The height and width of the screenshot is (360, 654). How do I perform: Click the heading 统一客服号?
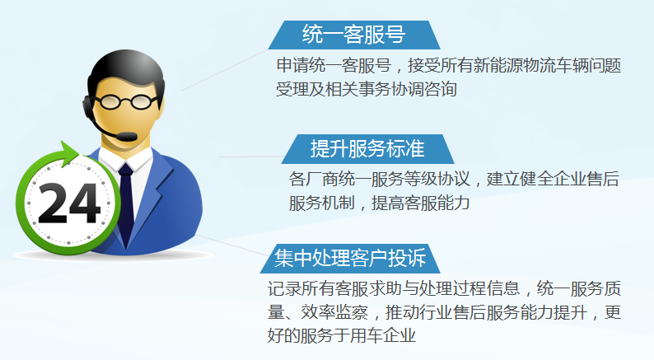click(x=353, y=35)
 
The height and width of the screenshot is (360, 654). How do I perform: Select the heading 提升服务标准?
click(x=367, y=149)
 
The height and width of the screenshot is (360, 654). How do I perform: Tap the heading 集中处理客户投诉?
click(x=350, y=258)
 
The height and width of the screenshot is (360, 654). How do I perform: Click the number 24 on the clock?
click(x=69, y=203)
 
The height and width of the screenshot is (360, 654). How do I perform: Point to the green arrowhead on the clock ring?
click(x=69, y=153)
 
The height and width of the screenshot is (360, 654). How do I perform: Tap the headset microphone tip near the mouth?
click(x=125, y=136)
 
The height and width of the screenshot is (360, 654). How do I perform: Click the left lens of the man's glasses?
click(x=110, y=102)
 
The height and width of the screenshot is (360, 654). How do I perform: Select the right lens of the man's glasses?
click(x=141, y=102)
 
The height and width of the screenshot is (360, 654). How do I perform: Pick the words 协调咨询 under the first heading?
click(x=423, y=89)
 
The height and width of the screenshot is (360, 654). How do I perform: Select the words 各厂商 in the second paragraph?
click(x=313, y=180)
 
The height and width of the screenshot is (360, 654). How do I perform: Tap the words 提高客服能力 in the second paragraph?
click(x=421, y=203)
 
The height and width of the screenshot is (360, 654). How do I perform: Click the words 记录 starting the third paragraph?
click(x=284, y=288)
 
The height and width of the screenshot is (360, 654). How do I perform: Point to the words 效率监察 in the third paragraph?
click(x=334, y=312)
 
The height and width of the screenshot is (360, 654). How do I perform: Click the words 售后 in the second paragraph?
click(x=603, y=180)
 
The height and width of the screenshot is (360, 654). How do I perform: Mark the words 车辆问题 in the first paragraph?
click(x=589, y=66)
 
